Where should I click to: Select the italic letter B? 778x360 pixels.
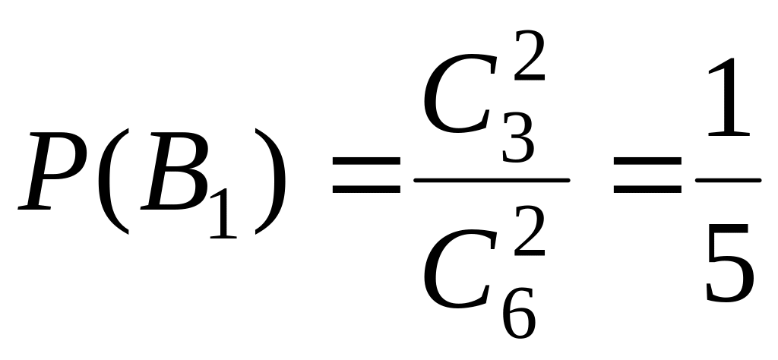tap(175, 171)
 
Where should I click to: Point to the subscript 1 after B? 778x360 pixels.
tap(224, 213)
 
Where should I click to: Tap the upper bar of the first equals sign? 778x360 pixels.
tap(366, 161)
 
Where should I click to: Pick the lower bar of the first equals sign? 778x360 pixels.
tap(366, 189)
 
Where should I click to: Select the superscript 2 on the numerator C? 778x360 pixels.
tap(530, 55)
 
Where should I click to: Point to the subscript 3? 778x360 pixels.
tap(518, 137)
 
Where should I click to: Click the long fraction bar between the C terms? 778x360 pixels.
tap(492, 180)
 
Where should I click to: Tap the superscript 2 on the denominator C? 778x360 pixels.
tap(530, 231)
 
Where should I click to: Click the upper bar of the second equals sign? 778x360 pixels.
tap(647, 161)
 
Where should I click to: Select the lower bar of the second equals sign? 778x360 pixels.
tap(647, 189)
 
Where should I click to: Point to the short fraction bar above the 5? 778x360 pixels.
tap(729, 180)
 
